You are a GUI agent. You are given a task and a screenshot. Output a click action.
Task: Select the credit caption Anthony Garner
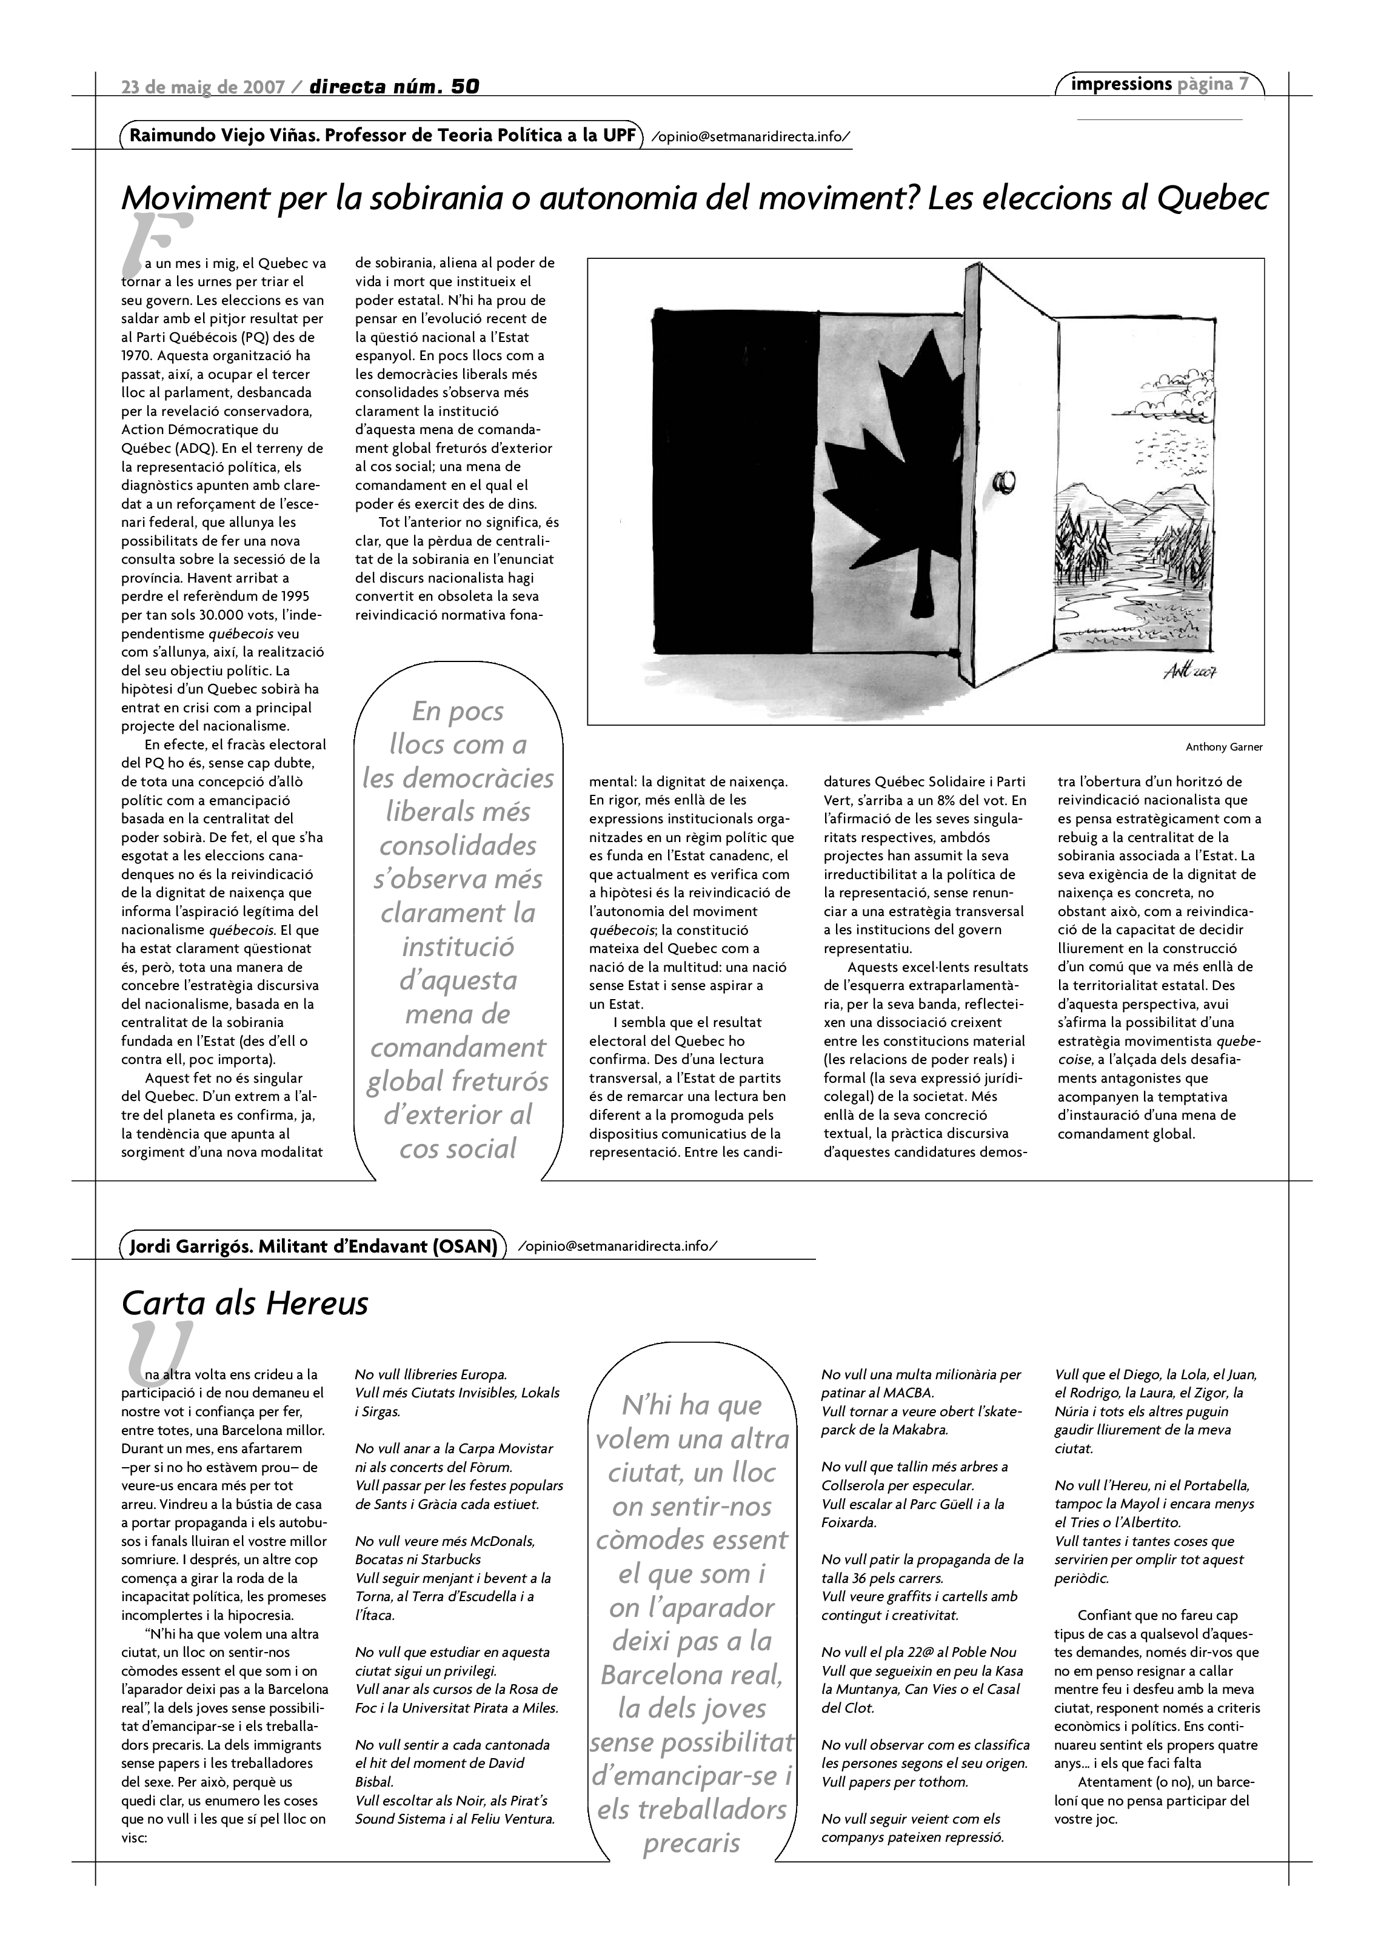click(x=1224, y=748)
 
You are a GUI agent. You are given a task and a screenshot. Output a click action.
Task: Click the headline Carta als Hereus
click(x=244, y=1303)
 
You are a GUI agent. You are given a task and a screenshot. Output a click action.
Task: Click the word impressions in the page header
click(x=1121, y=84)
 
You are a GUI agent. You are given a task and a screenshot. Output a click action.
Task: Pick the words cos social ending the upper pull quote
click(x=458, y=1148)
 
